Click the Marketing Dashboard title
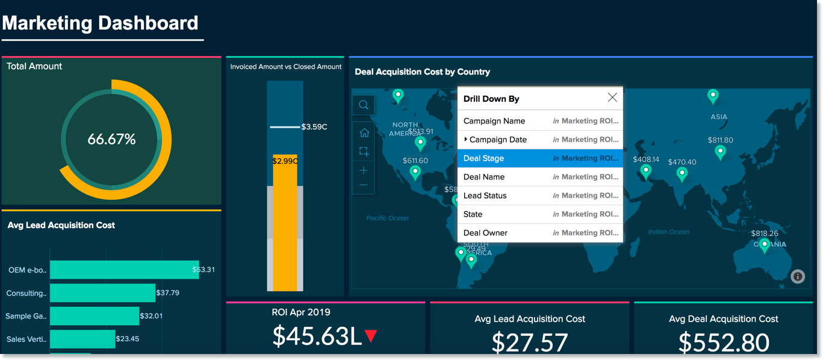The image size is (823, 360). coord(100,23)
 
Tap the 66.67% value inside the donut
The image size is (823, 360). coord(112,140)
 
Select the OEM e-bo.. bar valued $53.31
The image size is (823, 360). coord(120,270)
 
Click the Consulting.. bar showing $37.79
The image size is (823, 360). coord(102,293)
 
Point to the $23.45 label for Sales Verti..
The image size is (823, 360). coord(128,339)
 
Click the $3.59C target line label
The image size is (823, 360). coord(314,127)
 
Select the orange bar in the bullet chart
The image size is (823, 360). coord(285,229)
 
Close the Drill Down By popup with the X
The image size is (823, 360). coord(612,98)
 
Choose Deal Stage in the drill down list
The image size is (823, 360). coord(483,158)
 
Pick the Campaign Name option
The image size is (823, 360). coord(494,121)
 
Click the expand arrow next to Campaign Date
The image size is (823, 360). coord(466,140)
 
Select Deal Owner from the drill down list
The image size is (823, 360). coord(485,233)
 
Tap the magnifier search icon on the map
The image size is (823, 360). coord(364,105)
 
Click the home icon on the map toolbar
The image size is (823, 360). coord(364,133)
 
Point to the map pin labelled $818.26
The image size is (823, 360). coord(764,244)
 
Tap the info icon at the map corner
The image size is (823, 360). coord(798,276)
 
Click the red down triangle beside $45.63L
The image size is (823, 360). coord(371,336)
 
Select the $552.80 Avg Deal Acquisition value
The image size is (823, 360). coord(724,343)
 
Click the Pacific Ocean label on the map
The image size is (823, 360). coord(387,218)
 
